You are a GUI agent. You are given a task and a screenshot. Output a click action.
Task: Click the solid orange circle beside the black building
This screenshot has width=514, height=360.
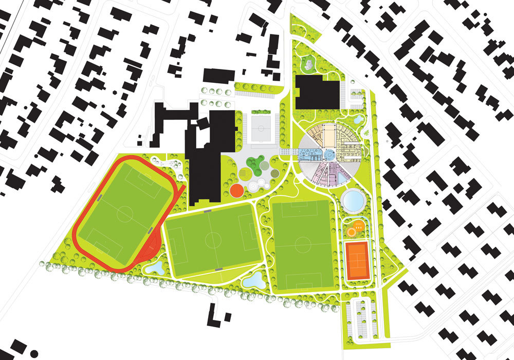click(236, 190)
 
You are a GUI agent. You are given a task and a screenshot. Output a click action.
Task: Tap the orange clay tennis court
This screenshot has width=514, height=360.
click(358, 261)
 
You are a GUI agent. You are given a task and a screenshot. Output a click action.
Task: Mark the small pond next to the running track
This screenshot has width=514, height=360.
click(155, 267)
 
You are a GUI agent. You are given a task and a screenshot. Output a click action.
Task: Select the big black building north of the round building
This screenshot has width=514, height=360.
click(318, 93)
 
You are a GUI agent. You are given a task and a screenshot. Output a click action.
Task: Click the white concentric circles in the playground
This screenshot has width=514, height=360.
click(253, 186)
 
